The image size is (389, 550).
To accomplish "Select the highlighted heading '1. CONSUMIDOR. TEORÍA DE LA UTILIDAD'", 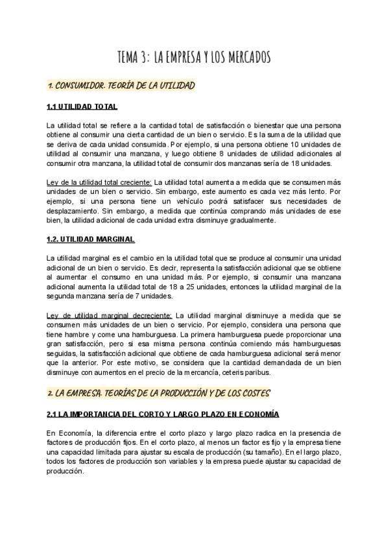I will (121, 85).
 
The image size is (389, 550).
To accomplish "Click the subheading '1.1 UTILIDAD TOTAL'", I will (82, 106).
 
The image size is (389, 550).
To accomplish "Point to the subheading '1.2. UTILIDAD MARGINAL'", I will (91, 239).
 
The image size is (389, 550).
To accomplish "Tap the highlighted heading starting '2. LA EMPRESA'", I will (158, 393).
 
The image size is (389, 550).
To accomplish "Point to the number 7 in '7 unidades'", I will (128, 296).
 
